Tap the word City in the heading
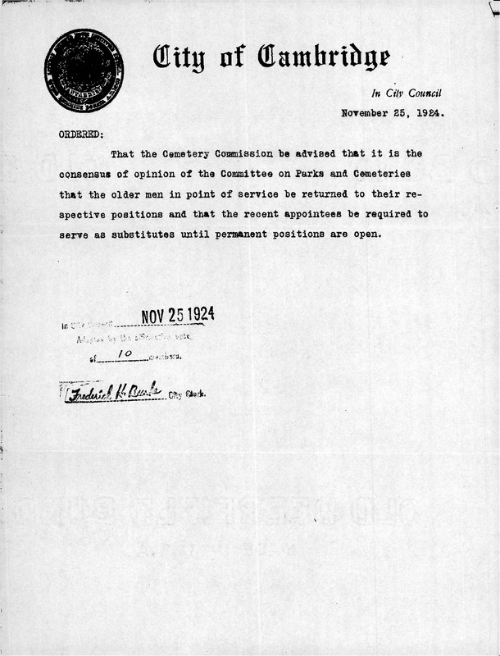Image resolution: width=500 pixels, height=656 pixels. click(185, 57)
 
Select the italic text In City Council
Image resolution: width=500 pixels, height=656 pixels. click(407, 93)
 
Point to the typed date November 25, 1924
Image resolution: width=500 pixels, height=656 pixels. click(393, 114)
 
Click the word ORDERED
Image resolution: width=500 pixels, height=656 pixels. click(80, 133)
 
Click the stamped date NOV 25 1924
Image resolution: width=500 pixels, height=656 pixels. click(179, 316)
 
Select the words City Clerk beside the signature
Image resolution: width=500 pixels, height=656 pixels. click(187, 394)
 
